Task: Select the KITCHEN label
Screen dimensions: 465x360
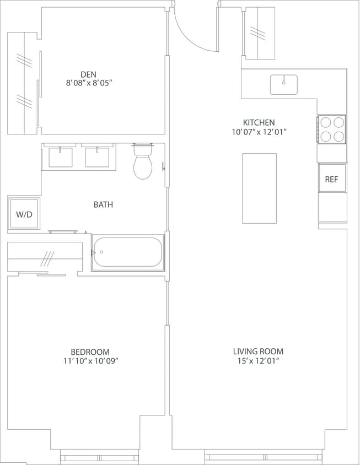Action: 259,122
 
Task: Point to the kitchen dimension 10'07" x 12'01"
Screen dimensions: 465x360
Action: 259,132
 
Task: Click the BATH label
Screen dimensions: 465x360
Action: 103,204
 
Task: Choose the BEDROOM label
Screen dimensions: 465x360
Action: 90,352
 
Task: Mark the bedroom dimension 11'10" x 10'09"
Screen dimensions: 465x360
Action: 90,361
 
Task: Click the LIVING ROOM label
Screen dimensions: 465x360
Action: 258,351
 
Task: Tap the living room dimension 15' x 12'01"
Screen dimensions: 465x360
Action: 258,361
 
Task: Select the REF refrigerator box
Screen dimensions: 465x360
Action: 331,179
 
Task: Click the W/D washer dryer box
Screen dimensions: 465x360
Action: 24,213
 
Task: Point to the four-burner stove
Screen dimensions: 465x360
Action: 332,129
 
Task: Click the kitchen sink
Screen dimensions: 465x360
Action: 283,84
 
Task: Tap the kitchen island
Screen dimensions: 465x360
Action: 259,188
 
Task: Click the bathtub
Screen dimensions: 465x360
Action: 128,252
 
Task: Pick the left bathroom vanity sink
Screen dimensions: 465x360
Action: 60,157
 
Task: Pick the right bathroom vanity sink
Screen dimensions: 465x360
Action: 98,157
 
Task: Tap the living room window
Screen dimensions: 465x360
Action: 263,457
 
